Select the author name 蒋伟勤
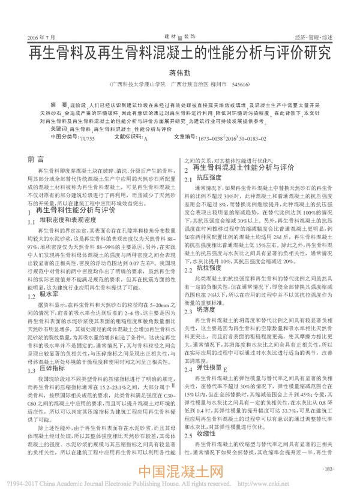pos(179,73)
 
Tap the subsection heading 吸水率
pos(49,311)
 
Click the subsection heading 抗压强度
pos(206,179)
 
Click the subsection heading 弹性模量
pos(206,384)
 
